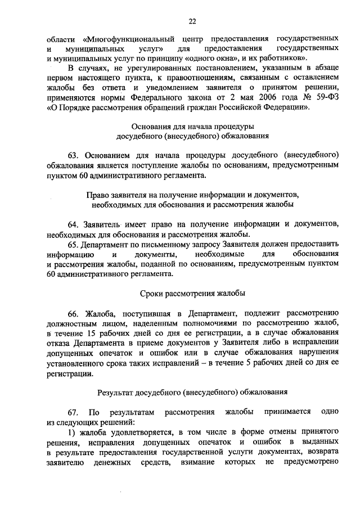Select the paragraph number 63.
click(74, 155)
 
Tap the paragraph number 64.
click(74, 224)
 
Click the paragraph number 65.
click(74, 244)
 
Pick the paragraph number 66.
click(74, 312)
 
